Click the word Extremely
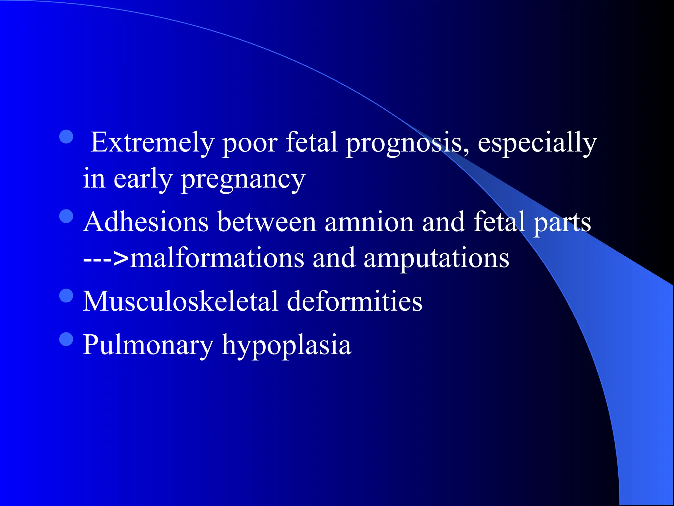[x=152, y=143]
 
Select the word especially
[x=537, y=143]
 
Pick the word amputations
[x=436, y=258]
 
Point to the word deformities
[x=354, y=301]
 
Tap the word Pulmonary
[x=148, y=345]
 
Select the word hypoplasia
[x=287, y=345]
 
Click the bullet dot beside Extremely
[x=66, y=137]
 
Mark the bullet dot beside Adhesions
[x=66, y=216]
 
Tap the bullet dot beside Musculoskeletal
[x=66, y=295]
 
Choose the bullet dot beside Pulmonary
[x=66, y=339]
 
